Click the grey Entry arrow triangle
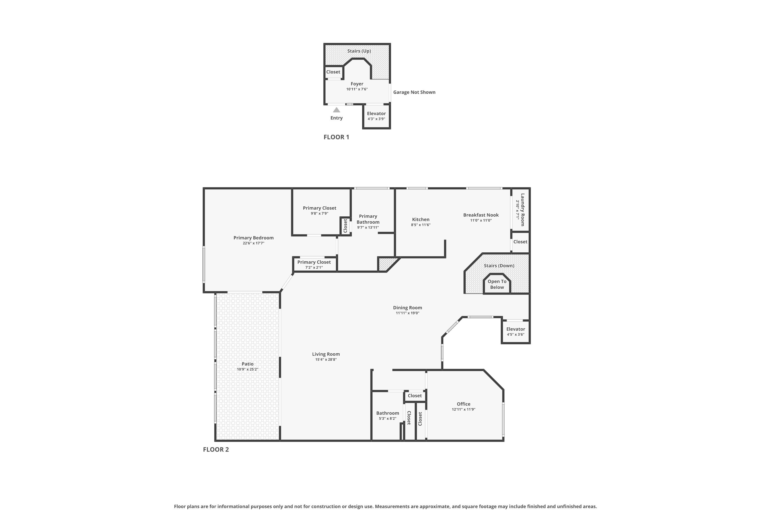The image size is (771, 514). (x=336, y=110)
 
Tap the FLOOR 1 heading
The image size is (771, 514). (x=336, y=137)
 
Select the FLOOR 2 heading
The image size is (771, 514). (x=216, y=449)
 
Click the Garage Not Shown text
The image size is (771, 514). (x=414, y=92)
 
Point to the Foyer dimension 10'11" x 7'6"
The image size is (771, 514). (x=357, y=89)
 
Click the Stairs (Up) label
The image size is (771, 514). (x=359, y=51)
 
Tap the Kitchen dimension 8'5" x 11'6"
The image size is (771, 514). (x=420, y=225)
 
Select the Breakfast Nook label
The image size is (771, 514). (x=481, y=215)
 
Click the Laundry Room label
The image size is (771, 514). (x=522, y=210)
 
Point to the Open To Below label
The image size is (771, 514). (x=497, y=284)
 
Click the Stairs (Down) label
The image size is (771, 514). (x=499, y=265)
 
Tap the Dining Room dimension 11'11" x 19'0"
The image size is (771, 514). (x=407, y=313)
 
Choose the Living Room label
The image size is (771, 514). (x=326, y=354)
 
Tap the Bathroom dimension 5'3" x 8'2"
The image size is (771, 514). (x=388, y=419)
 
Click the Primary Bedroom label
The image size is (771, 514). (x=253, y=238)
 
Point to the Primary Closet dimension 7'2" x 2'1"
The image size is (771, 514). (x=314, y=268)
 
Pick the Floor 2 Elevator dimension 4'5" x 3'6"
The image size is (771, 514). (x=516, y=334)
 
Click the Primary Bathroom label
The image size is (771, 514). (x=368, y=219)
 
